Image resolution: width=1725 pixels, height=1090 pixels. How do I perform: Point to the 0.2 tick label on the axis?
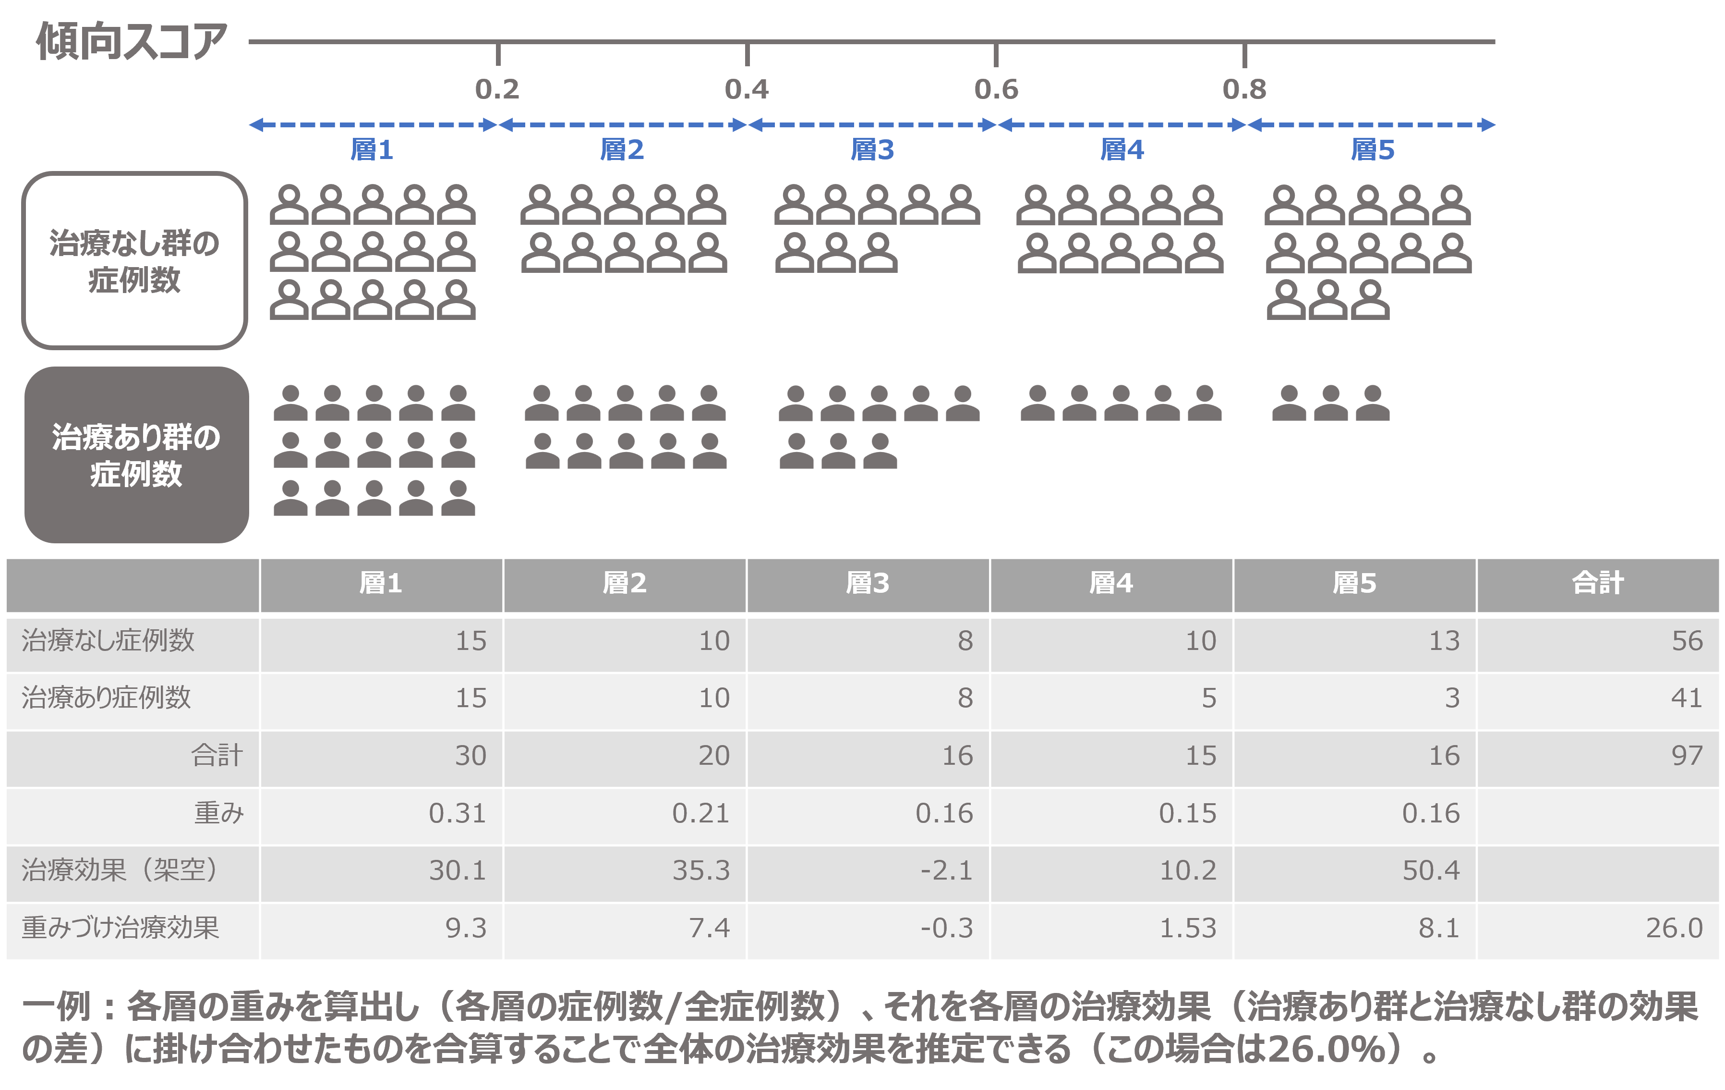pos(497,89)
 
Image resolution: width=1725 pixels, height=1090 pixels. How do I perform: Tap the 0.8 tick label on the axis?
pos(1244,89)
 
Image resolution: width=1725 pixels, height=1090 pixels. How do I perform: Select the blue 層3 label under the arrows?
pos(872,150)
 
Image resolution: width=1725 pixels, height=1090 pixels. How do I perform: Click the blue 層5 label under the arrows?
pos(1372,150)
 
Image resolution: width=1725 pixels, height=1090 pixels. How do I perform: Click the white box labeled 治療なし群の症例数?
pos(135,261)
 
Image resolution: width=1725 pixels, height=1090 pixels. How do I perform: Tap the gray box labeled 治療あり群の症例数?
pos(136,455)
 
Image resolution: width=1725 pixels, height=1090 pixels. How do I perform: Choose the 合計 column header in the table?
pos(1597,583)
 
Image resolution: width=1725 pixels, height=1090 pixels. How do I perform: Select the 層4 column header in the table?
pos(1110,583)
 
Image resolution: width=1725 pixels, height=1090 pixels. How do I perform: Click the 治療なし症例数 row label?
pos(108,640)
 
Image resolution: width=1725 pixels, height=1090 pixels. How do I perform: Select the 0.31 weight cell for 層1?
pos(457,813)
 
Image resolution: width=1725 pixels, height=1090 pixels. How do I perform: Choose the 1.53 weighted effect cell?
pos(1188,928)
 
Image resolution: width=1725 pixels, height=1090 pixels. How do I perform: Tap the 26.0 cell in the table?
pos(1674,928)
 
